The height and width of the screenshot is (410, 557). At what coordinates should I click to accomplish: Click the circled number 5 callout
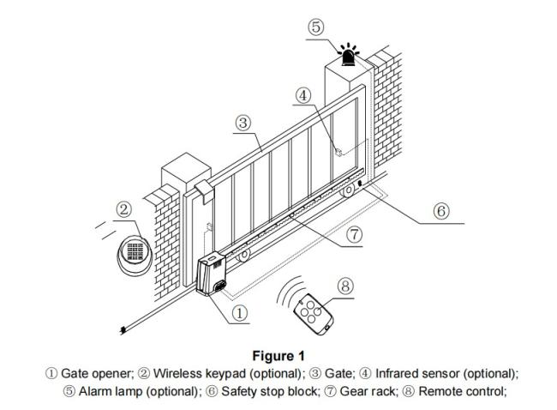point(316,27)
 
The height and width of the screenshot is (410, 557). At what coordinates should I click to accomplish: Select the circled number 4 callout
point(303,95)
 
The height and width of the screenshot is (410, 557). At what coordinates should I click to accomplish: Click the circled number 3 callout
point(243,123)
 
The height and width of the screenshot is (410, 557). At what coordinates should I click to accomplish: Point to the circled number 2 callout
point(124,210)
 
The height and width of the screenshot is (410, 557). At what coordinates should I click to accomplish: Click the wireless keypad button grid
point(135,251)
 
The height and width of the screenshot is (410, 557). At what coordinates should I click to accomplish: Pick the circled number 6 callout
point(441,211)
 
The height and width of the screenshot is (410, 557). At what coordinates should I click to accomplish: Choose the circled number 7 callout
point(354,235)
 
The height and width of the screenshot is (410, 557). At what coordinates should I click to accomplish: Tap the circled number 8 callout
point(345,286)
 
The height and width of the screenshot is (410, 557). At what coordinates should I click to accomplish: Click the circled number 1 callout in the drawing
point(240,313)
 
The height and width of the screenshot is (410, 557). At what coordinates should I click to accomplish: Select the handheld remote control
point(314,314)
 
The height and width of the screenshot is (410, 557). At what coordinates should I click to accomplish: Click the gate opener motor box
point(212,274)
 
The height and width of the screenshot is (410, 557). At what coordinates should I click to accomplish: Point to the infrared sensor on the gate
point(338,152)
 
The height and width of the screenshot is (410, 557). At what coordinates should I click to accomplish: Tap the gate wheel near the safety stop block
point(348,191)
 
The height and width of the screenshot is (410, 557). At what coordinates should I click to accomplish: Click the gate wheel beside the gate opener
point(244,256)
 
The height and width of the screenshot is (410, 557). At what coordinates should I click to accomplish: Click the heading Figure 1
point(278,356)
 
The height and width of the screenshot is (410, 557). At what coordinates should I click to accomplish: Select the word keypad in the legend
point(225,374)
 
